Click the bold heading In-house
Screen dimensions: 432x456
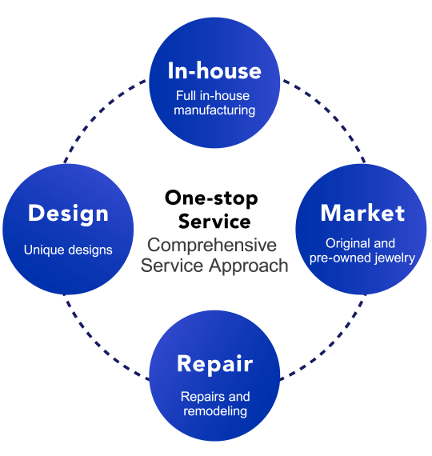[x=214, y=70]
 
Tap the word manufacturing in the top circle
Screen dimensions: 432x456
[x=214, y=110]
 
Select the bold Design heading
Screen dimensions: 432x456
[x=68, y=214]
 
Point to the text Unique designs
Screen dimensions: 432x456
[x=68, y=250]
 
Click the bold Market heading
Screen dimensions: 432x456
[x=362, y=213]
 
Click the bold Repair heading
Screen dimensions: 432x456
[x=215, y=364]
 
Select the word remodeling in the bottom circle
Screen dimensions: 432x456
[x=215, y=411]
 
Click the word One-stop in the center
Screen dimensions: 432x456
[x=211, y=198]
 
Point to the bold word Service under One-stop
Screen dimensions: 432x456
[x=214, y=222]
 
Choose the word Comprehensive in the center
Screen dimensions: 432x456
[x=212, y=245]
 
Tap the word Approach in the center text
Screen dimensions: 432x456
[x=249, y=266]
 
